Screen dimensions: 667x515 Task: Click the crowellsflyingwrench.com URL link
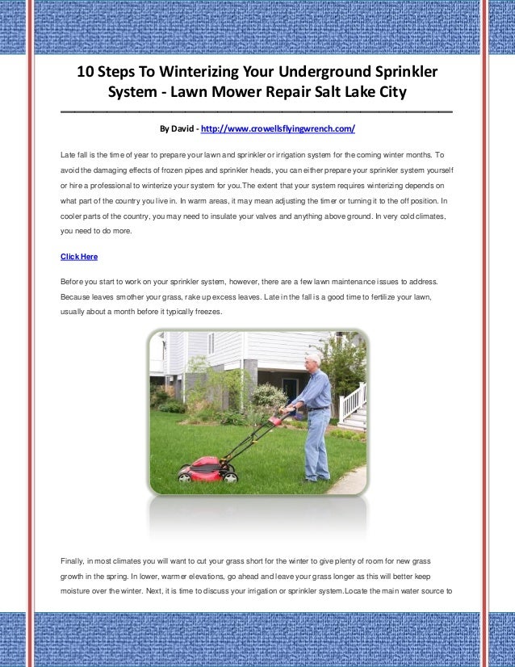277,128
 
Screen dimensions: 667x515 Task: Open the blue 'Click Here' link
79,257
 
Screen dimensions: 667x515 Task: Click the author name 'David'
182,128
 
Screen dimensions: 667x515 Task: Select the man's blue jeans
316,444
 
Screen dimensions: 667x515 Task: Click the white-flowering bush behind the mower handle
270,396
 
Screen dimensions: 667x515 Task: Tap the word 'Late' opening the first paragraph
69,153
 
